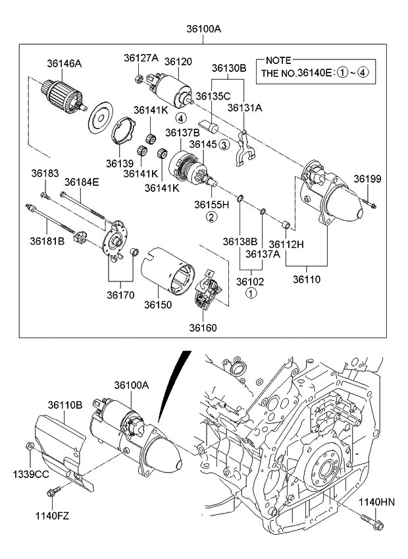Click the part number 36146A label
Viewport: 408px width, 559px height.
(x=64, y=63)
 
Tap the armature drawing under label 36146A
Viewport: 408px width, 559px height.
(x=64, y=96)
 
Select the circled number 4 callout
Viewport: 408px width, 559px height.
(x=180, y=118)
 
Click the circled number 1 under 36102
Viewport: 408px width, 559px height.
(x=250, y=293)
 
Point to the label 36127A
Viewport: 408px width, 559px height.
(x=141, y=58)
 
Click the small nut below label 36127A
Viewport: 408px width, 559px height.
(x=140, y=78)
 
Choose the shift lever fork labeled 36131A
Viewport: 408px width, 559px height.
(x=245, y=148)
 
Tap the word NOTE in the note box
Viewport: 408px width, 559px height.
(x=278, y=60)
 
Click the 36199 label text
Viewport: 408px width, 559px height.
(x=367, y=179)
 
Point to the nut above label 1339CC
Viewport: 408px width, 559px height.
(x=30, y=446)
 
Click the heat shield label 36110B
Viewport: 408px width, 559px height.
(x=65, y=405)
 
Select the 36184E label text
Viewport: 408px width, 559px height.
(x=82, y=182)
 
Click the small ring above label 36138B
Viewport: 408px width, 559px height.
(x=240, y=197)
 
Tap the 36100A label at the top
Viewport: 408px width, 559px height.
(x=203, y=29)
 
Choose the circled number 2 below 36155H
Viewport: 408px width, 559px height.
(x=211, y=217)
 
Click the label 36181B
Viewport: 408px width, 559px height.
(x=47, y=241)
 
